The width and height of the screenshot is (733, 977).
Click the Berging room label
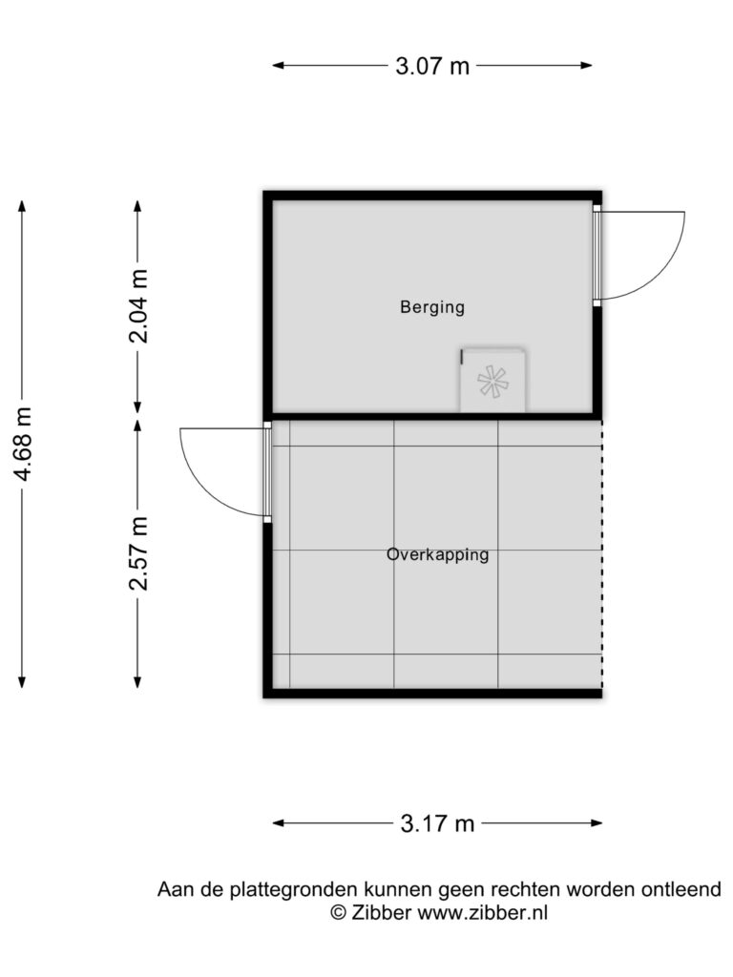[432, 307]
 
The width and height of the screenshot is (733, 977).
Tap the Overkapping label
[437, 554]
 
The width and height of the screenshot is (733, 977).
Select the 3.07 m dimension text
[432, 66]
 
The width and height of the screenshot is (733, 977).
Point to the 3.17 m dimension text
[437, 823]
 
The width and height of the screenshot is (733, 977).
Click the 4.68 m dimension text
[23, 445]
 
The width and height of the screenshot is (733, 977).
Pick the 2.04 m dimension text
[137, 306]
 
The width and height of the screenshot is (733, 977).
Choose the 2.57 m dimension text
[137, 553]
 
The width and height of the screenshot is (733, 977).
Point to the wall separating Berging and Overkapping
[432, 416]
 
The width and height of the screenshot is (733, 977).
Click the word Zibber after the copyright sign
[381, 913]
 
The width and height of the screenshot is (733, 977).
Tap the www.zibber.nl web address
[482, 913]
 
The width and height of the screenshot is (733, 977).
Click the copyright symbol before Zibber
[339, 913]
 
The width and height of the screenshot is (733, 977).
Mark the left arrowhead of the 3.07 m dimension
[279, 65]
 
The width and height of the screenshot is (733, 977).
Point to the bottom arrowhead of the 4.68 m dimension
[23, 681]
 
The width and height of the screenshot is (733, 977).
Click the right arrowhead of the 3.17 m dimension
[596, 823]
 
